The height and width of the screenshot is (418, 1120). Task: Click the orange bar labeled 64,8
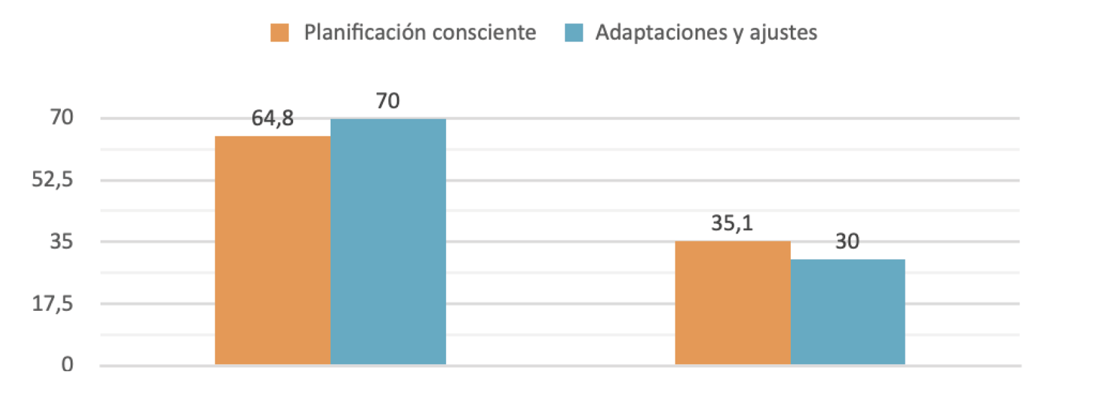[x=272, y=250]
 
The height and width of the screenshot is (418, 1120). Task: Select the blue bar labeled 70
[x=388, y=241]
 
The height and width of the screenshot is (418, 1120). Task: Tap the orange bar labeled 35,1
[x=732, y=302]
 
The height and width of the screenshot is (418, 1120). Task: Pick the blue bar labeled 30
[x=847, y=312]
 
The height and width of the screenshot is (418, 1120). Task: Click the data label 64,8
[x=272, y=118]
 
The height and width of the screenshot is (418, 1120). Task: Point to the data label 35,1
[x=732, y=223]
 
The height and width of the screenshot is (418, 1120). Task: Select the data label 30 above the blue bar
[x=847, y=241]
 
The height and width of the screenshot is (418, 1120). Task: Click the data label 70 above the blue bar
[x=388, y=101]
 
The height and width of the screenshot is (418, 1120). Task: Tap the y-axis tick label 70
[x=62, y=117]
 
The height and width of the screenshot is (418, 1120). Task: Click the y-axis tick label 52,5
[x=52, y=179]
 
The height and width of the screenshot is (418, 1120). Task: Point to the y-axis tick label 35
[x=62, y=241]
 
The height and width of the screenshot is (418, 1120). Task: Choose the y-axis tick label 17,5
[x=52, y=303]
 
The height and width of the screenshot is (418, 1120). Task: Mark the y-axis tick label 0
[x=67, y=365]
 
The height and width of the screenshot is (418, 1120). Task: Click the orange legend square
[x=279, y=32]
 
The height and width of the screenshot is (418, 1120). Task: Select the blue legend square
[x=574, y=32]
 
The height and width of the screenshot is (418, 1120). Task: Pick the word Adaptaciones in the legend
[x=662, y=32]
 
